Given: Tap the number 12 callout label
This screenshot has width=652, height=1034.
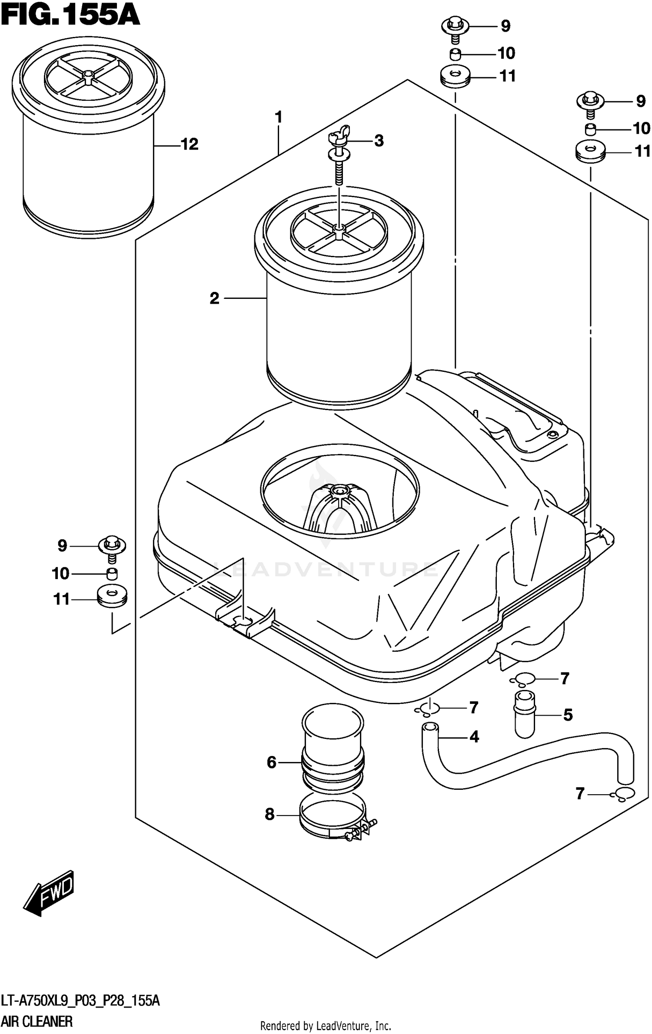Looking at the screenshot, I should pyautogui.click(x=189, y=144).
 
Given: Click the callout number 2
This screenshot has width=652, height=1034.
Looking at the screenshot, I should pyautogui.click(x=214, y=299).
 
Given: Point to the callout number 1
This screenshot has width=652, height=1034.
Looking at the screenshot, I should pyautogui.click(x=279, y=117).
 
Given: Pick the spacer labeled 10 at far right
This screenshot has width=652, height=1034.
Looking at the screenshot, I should pyautogui.click(x=590, y=129).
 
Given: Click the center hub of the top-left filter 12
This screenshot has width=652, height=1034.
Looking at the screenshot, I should pyautogui.click(x=88, y=76).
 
